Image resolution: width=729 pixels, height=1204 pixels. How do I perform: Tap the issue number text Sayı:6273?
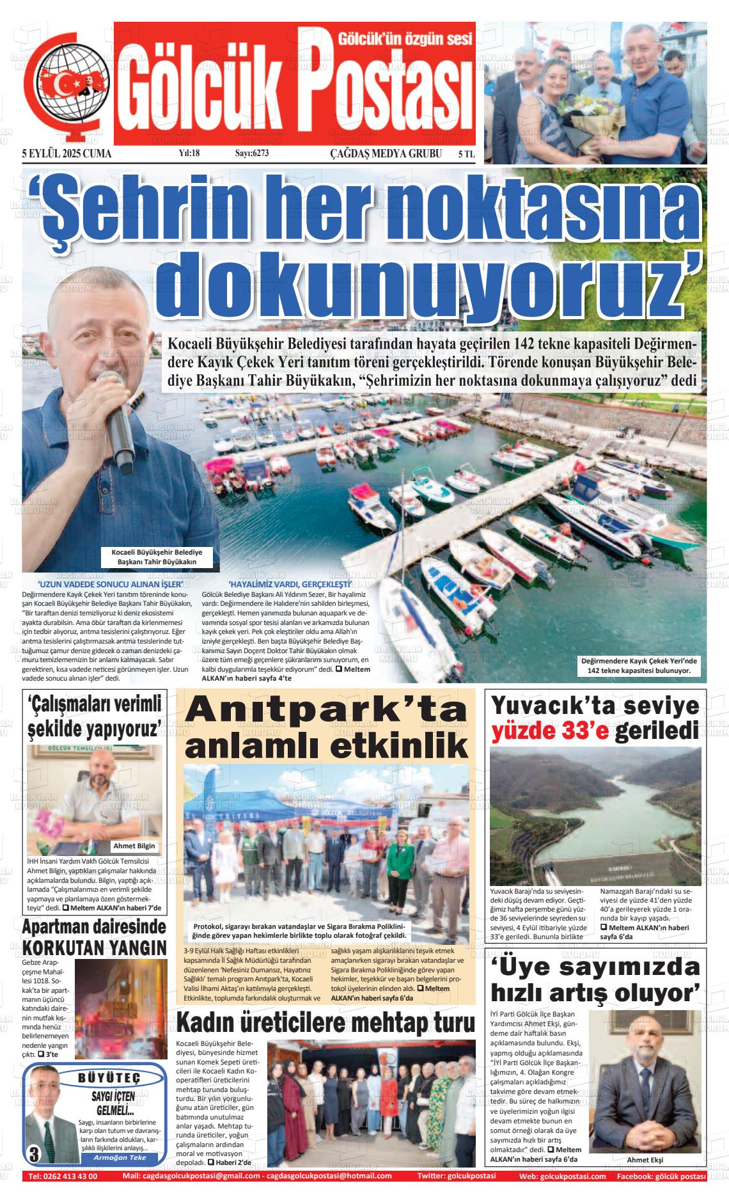[x=252, y=154]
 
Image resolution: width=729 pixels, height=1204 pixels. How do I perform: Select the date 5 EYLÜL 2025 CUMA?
[x=67, y=154]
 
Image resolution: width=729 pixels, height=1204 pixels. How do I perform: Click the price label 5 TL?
[x=466, y=154]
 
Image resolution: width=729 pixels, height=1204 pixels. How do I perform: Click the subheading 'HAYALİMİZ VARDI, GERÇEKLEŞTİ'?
[x=290, y=584]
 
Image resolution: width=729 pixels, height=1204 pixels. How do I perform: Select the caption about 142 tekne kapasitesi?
[x=639, y=665]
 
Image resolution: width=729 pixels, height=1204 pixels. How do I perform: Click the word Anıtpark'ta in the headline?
[x=326, y=711]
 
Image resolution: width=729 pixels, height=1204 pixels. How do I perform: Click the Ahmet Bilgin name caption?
[x=134, y=846]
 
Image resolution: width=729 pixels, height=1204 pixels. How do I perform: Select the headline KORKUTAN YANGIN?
[x=95, y=947]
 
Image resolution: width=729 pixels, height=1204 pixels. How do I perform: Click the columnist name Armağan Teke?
[x=120, y=1157]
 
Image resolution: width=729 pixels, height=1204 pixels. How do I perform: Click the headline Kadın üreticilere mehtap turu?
[x=325, y=1024]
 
